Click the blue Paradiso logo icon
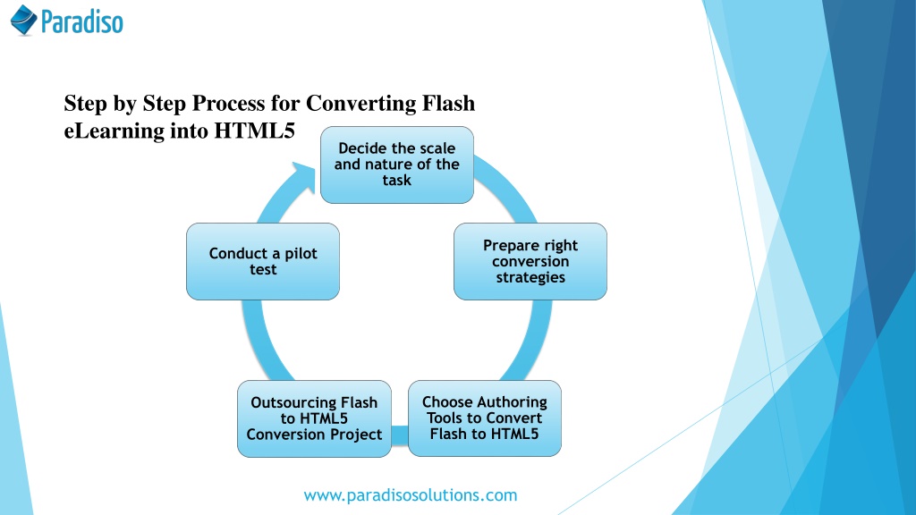tap(24, 20)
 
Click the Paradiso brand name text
tap(81, 21)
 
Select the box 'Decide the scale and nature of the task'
tap(397, 165)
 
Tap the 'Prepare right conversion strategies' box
tap(530, 262)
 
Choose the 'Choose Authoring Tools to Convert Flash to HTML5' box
tap(485, 418)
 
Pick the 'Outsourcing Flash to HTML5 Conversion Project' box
tap(314, 418)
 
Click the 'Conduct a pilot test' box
tap(263, 262)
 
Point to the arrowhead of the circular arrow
tap(305, 175)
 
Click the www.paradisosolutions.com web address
tap(410, 495)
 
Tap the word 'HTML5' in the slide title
tap(255, 131)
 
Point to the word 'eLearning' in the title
tap(114, 131)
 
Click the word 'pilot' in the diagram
tap(301, 253)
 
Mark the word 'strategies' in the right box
tap(530, 277)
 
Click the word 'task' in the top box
tap(397, 181)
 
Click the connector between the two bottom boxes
tap(400, 435)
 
